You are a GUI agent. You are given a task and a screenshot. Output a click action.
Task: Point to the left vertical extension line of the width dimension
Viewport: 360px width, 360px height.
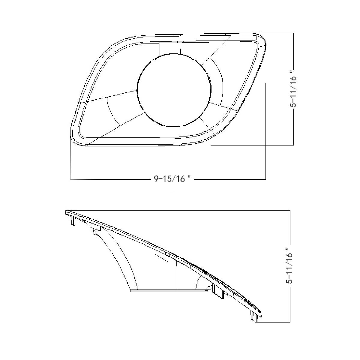point(70,162)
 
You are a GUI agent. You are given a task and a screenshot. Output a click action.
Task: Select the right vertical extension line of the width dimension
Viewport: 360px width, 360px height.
point(265,132)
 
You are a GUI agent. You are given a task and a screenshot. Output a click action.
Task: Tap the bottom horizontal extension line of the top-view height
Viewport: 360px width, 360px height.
point(252,145)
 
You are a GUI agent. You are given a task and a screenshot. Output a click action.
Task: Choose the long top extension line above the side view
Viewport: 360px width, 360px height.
point(180,210)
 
